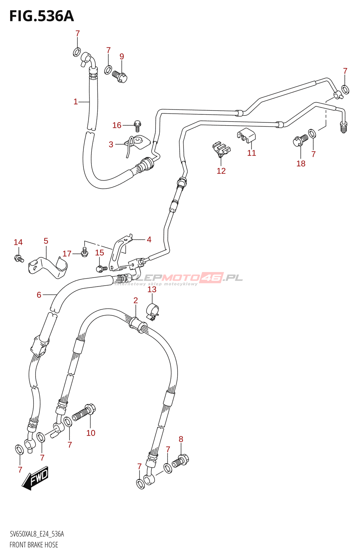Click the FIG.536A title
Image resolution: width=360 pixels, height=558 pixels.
click(x=42, y=16)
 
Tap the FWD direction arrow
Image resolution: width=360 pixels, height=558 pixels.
click(x=36, y=478)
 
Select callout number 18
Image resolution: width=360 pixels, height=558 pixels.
click(x=301, y=164)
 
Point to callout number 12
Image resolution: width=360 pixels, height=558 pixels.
click(x=221, y=171)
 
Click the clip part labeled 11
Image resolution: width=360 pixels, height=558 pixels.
click(x=247, y=135)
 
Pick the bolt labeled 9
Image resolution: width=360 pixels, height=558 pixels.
click(x=120, y=76)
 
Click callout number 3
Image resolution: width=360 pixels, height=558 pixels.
click(x=111, y=144)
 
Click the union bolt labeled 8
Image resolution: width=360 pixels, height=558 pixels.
click(x=181, y=461)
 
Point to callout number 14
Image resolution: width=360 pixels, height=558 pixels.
click(x=18, y=242)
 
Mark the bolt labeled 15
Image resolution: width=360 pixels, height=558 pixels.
click(x=102, y=268)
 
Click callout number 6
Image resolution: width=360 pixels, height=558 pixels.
click(x=39, y=295)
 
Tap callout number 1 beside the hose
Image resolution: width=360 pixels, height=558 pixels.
click(x=75, y=102)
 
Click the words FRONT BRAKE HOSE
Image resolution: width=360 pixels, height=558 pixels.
click(x=34, y=545)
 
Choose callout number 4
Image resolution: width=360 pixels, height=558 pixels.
click(x=149, y=240)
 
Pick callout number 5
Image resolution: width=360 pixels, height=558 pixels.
click(x=46, y=241)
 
